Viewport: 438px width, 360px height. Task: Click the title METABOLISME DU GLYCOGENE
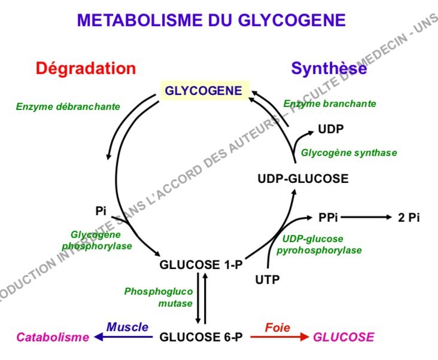coord(211,21)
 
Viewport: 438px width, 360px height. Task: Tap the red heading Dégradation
coord(86,68)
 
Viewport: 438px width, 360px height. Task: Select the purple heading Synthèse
coord(329,69)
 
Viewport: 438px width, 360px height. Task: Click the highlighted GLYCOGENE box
coord(203,91)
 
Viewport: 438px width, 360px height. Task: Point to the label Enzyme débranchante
coord(68,107)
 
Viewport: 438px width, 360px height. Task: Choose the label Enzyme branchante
coord(330,103)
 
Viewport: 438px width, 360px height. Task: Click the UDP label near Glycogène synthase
coord(331,129)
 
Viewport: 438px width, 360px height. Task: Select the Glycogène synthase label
coord(349,152)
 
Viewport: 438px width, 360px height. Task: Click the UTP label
coord(267,279)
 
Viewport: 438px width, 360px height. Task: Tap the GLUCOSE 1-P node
coord(201,264)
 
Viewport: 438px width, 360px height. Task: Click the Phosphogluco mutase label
coord(159,297)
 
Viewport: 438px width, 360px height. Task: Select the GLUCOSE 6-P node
coord(201,337)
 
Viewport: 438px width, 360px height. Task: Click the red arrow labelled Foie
coord(278,337)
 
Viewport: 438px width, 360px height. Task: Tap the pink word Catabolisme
coord(53,337)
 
